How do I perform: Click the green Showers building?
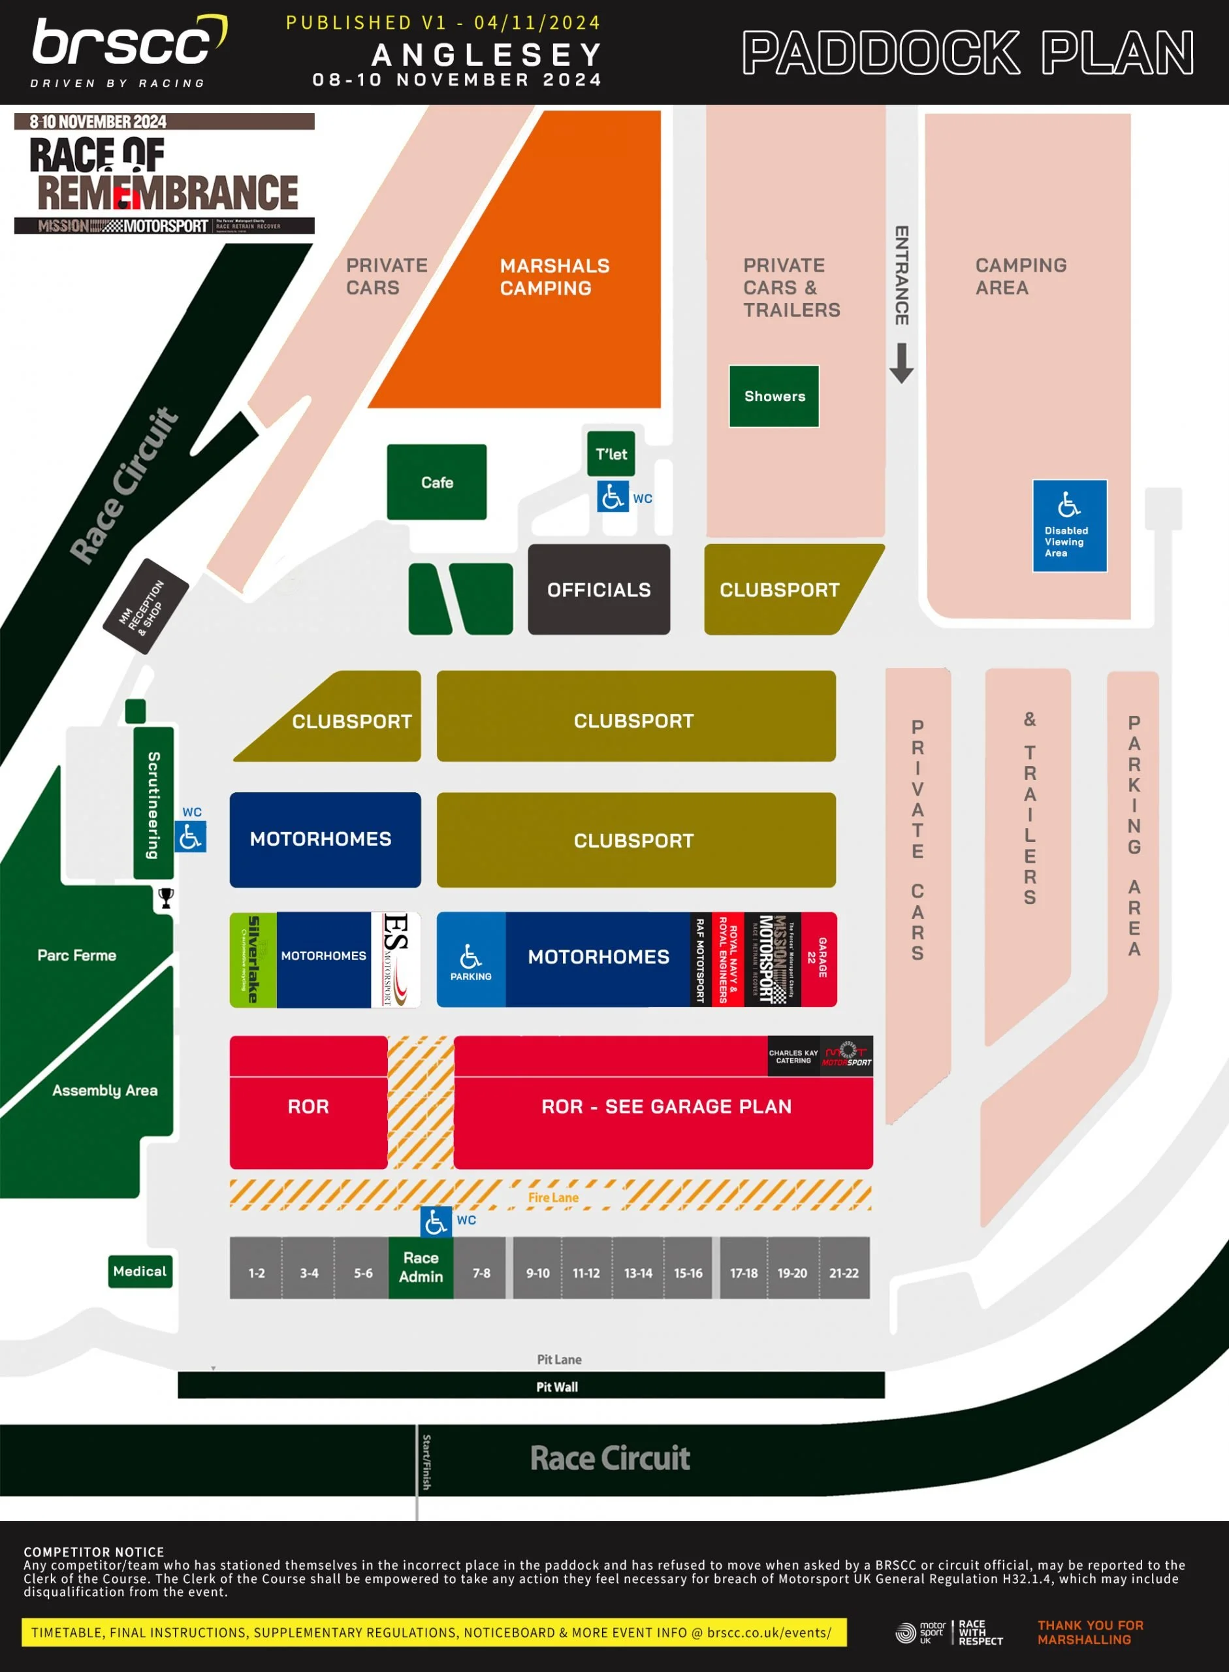point(774,396)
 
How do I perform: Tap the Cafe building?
point(437,482)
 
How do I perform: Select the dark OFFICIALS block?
point(599,589)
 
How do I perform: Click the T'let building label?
point(611,453)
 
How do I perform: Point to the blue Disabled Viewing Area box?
point(1069,525)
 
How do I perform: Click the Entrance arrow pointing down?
point(902,363)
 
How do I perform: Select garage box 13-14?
point(637,1272)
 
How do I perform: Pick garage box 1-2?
point(256,1272)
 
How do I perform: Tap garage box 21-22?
point(844,1272)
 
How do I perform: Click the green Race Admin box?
point(421,1267)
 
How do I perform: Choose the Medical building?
point(140,1271)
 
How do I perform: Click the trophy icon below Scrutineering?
point(166,898)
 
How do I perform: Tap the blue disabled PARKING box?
point(471,960)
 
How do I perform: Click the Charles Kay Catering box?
point(793,1057)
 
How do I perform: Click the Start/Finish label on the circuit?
point(426,1462)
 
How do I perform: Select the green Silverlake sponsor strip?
point(253,960)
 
